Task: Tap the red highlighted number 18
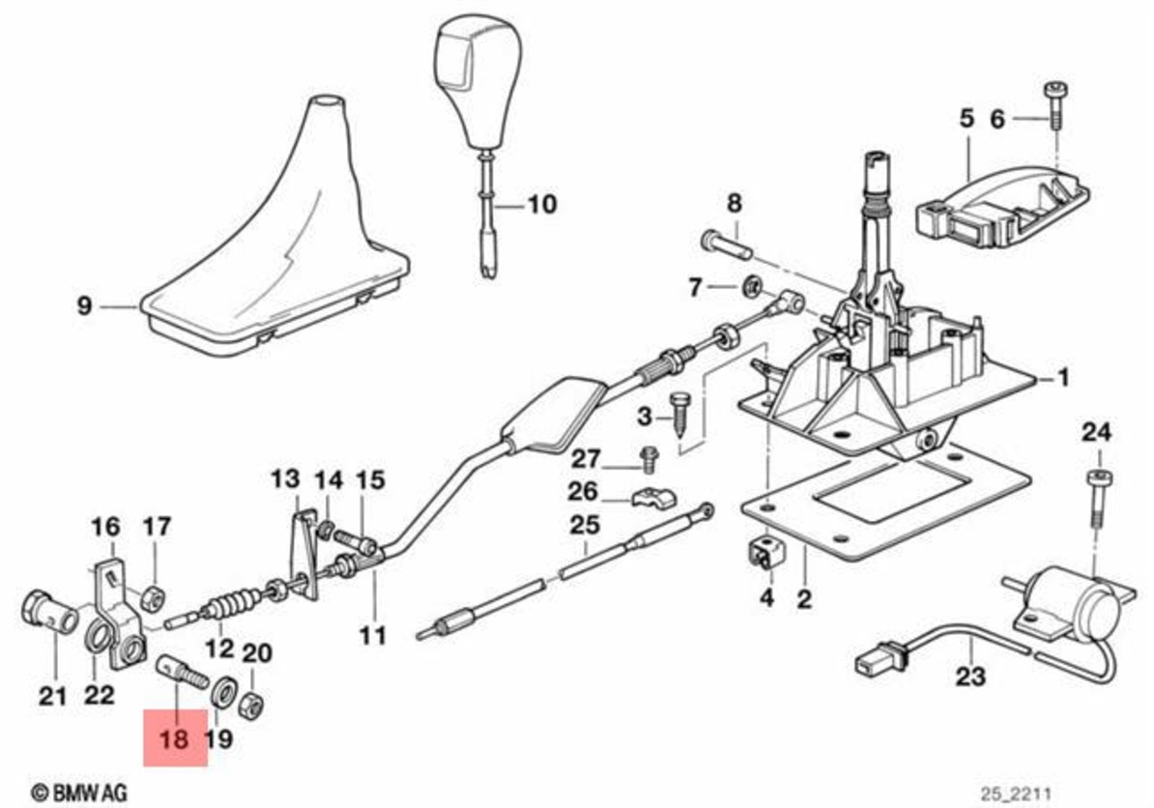[x=175, y=739]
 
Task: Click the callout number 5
[x=966, y=119]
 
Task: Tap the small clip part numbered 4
[x=767, y=554]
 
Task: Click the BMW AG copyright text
[x=79, y=790]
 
